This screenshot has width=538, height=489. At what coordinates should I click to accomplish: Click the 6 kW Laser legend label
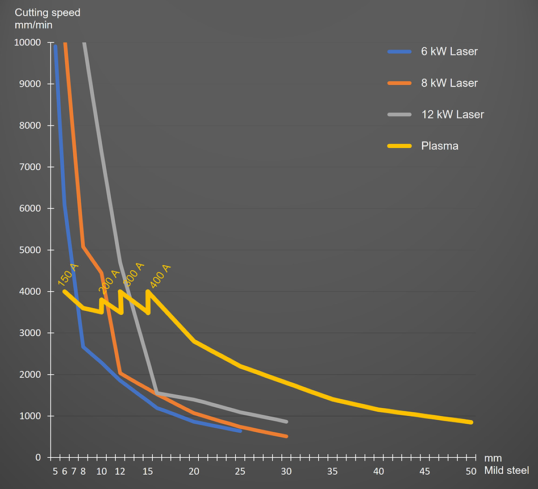449,52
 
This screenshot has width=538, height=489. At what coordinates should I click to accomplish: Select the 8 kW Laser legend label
449,83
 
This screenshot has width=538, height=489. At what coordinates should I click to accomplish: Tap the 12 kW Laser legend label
452,115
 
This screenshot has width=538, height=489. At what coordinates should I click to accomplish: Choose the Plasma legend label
440,146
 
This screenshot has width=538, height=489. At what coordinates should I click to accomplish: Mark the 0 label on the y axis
38,458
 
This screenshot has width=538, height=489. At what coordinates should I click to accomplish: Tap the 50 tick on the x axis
471,471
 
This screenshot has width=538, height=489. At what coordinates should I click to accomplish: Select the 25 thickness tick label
240,471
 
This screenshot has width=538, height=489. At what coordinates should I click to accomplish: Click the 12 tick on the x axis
120,471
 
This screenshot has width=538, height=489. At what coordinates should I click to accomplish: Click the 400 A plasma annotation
160,277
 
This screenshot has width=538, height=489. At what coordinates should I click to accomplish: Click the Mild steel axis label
506,471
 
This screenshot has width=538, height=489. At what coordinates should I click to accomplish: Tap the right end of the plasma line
471,422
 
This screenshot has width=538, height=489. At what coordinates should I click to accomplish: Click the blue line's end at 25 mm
240,431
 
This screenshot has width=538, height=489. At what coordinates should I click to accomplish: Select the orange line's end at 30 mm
286,436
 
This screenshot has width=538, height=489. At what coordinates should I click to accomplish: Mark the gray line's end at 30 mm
286,421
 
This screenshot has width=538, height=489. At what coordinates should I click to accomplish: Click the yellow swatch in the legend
399,146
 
